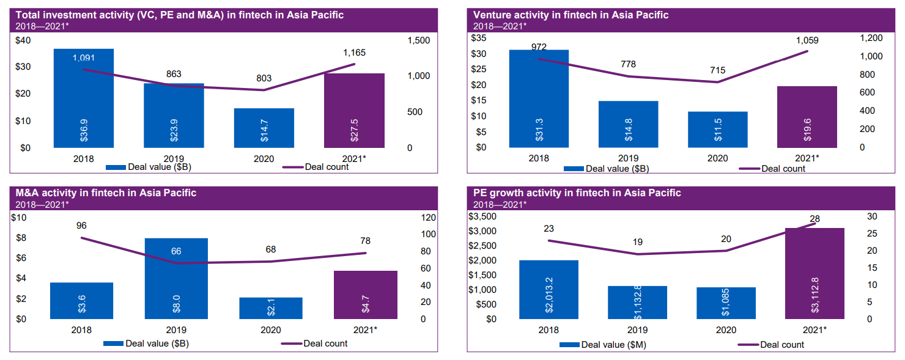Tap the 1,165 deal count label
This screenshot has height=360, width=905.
tap(354, 53)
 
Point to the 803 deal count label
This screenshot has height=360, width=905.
tap(264, 78)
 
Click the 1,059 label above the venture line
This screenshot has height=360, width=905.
tap(807, 40)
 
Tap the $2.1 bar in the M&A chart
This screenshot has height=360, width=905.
tap(271, 308)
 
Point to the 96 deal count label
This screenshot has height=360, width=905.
tap(81, 226)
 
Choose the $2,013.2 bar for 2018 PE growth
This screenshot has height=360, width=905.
tap(549, 290)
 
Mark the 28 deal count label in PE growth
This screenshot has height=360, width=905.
tap(814, 219)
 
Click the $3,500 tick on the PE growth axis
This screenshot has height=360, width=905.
tap(482, 216)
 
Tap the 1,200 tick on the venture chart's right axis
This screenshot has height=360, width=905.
tap(871, 38)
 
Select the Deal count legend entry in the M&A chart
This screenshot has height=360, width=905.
tap(315, 343)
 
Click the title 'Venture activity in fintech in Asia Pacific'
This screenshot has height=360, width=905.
tap(571, 15)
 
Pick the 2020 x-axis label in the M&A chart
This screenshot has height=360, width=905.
tap(271, 330)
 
